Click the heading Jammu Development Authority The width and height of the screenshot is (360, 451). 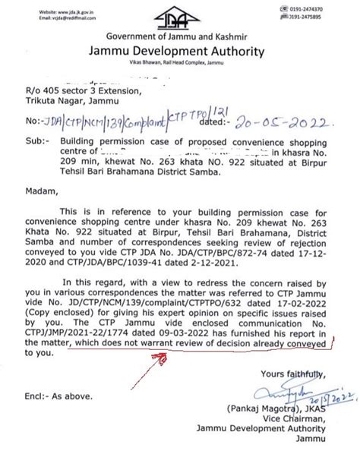(179, 52)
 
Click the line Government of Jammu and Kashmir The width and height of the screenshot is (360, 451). (179, 37)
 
